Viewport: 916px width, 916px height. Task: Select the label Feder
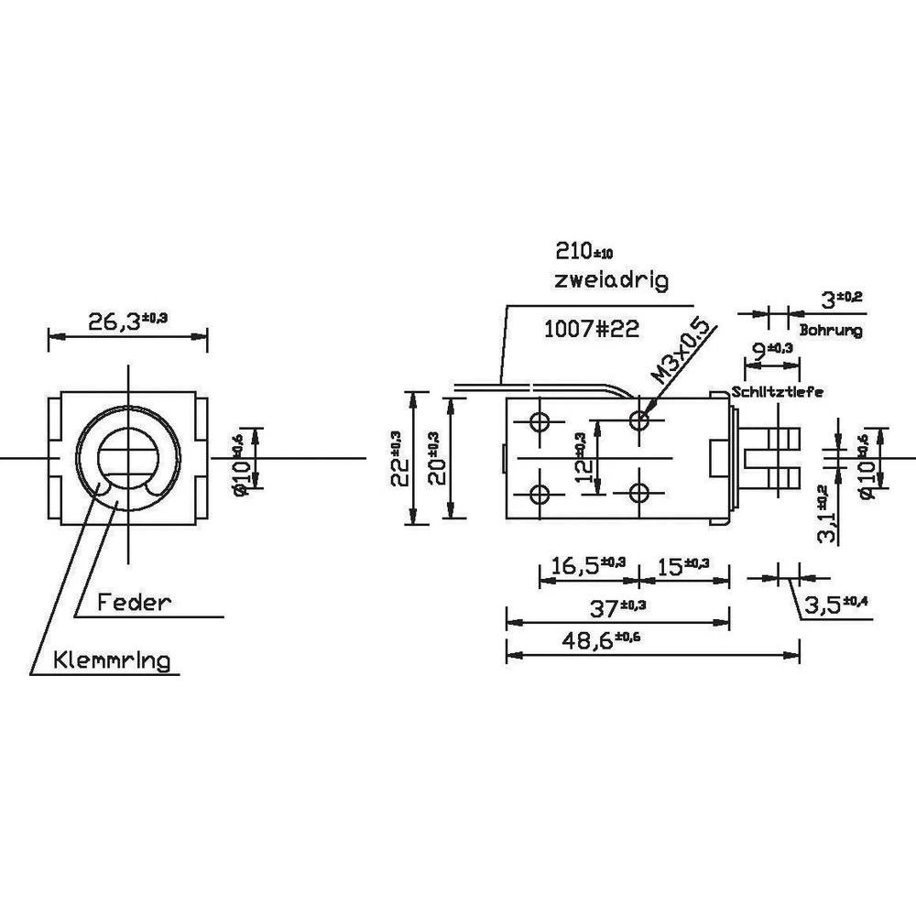pyautogui.click(x=135, y=602)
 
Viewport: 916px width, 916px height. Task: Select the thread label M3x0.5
pyautogui.click(x=679, y=351)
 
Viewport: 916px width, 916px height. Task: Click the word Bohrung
pyautogui.click(x=831, y=331)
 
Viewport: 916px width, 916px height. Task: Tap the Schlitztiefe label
pyautogui.click(x=777, y=391)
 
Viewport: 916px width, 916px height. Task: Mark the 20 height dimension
pyautogui.click(x=439, y=458)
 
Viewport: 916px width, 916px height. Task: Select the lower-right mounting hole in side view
pyautogui.click(x=639, y=494)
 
